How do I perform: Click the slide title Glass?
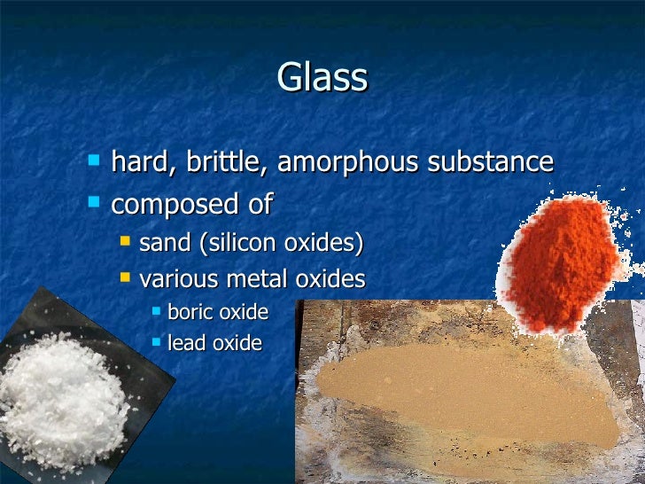point(322,77)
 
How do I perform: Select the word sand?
point(165,243)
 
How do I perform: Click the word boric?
point(191,311)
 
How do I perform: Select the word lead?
point(186,342)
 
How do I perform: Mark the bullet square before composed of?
point(95,204)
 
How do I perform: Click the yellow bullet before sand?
point(126,242)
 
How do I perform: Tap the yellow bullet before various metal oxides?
point(126,278)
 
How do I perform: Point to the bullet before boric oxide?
point(156,311)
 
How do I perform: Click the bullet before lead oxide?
point(156,342)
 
